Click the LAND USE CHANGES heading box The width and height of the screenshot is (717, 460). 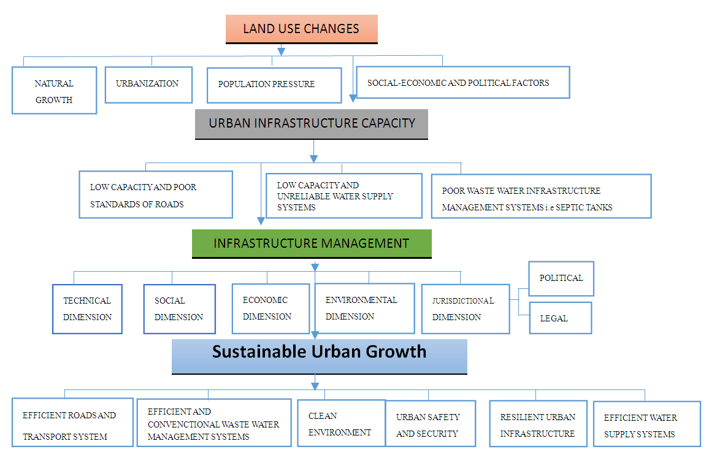(301, 29)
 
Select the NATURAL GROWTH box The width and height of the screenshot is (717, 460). (54, 91)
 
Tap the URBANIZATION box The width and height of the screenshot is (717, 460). (148, 84)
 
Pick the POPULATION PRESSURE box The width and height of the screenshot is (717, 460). (274, 85)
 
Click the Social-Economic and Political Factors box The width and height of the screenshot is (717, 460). (463, 82)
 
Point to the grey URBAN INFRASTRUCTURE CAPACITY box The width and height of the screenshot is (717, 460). (312, 123)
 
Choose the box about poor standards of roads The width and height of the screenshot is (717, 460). (156, 195)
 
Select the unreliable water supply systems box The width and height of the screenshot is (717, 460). (343, 196)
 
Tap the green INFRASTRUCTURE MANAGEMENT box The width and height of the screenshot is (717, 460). (312, 243)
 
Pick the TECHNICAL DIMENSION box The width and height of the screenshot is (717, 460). (87, 309)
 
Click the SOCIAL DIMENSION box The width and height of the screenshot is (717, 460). (179, 309)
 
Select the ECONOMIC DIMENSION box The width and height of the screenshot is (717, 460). (270, 308)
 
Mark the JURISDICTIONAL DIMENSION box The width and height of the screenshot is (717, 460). (465, 309)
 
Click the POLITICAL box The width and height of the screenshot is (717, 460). (561, 278)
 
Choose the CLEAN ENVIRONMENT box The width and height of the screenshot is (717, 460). (341, 424)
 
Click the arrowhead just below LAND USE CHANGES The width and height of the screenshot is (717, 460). (282, 50)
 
